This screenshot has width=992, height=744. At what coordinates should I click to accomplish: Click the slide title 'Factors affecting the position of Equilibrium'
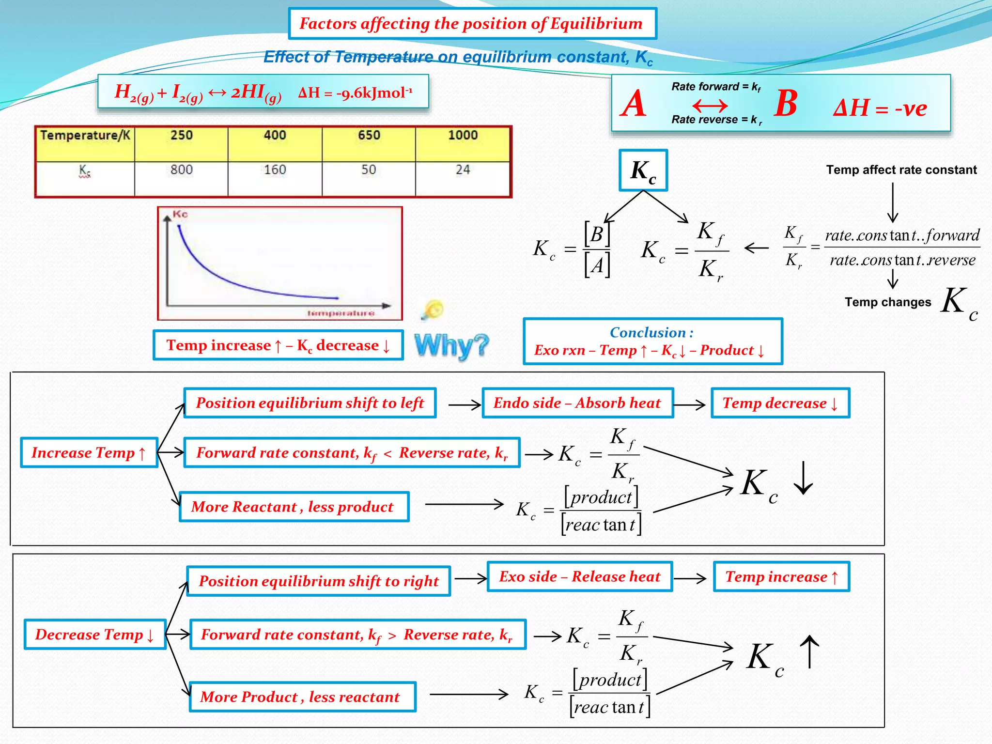472,24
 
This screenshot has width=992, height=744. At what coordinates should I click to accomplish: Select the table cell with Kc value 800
181,170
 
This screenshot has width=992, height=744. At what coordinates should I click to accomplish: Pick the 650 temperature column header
369,135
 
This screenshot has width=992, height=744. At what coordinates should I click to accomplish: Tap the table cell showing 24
463,170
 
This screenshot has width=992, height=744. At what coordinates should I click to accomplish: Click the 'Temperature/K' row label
85,135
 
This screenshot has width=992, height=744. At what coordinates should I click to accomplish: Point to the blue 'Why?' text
451,346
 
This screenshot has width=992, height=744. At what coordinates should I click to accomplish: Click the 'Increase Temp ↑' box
89,452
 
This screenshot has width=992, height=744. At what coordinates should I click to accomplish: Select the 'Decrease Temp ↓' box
95,634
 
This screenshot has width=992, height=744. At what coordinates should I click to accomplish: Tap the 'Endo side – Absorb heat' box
577,403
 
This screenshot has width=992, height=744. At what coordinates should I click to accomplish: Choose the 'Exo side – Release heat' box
580,576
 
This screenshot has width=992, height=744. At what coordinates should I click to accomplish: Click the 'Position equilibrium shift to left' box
310,403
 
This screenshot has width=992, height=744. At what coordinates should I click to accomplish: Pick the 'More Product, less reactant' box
302,697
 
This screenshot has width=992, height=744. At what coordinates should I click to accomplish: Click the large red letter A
634,104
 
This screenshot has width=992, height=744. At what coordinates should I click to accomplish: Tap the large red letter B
786,104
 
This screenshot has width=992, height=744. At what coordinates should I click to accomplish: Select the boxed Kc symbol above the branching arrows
643,170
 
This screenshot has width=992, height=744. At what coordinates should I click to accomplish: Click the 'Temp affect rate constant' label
901,170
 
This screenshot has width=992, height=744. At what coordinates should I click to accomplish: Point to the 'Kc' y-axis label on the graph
180,214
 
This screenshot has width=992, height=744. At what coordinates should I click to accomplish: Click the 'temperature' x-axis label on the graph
341,313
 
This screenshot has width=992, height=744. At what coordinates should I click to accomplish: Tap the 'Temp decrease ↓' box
780,403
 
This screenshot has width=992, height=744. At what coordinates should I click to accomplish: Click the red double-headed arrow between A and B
710,105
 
